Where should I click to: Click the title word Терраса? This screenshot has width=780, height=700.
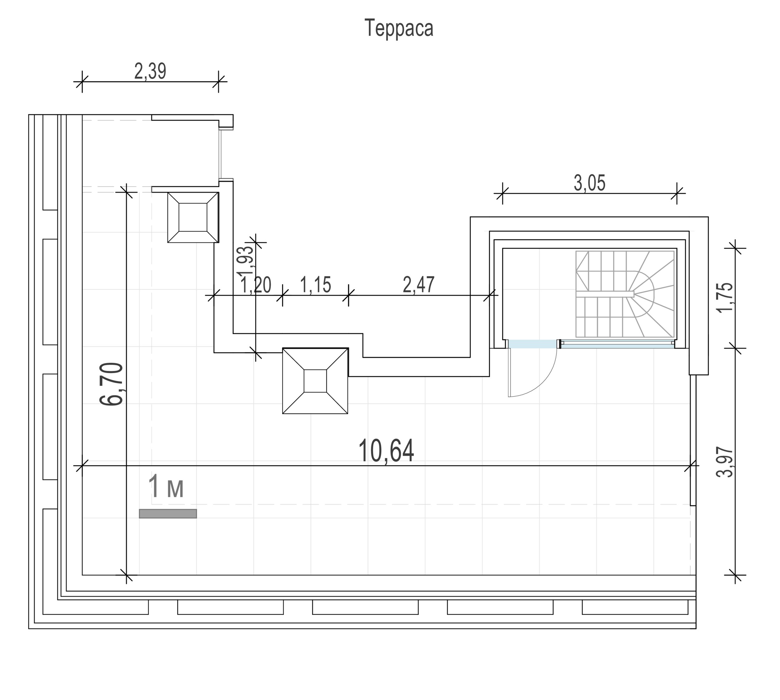(399, 28)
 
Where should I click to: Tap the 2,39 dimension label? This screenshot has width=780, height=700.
(150, 71)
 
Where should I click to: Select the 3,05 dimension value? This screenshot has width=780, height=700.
(590, 183)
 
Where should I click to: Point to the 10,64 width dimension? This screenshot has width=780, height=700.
(386, 451)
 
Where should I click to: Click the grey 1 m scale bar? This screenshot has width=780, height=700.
(168, 513)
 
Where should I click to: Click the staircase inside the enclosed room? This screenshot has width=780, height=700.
(625, 294)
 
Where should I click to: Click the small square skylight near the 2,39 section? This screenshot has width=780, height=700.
(193, 217)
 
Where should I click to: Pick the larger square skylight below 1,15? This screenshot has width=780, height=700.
(315, 381)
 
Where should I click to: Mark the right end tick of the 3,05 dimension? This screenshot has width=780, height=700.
(677, 193)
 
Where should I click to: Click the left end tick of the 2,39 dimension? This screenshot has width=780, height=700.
(82, 81)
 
